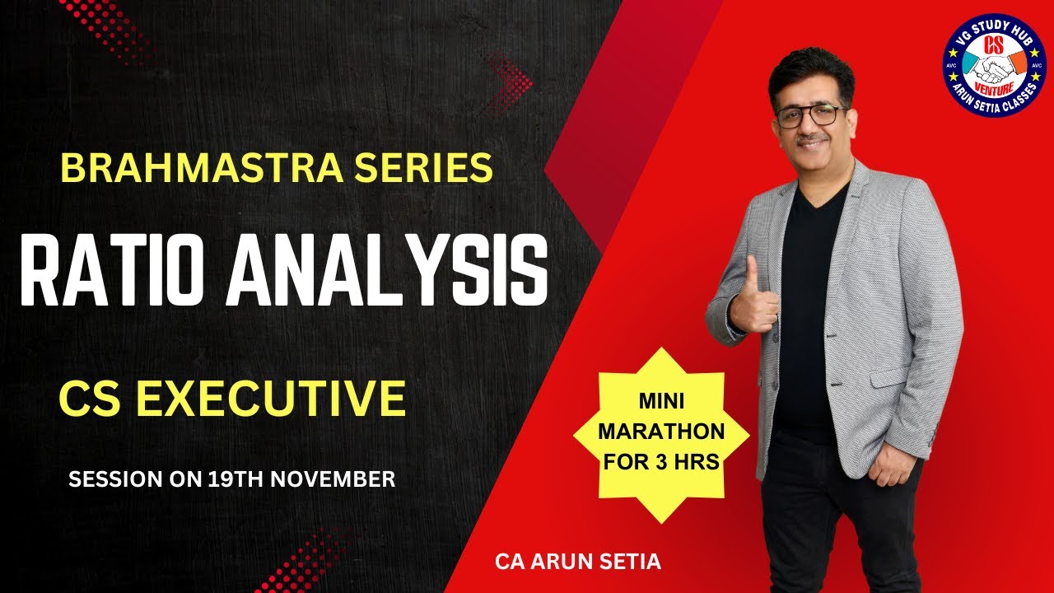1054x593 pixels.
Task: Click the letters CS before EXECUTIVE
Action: (90, 398)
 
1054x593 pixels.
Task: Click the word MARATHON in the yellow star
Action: (661, 432)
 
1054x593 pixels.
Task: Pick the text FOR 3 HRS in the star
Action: (661, 461)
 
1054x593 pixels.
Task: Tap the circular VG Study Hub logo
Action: (993, 66)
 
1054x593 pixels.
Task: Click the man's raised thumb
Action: (751, 272)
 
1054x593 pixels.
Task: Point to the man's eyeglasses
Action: (810, 115)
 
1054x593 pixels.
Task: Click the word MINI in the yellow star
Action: (661, 403)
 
